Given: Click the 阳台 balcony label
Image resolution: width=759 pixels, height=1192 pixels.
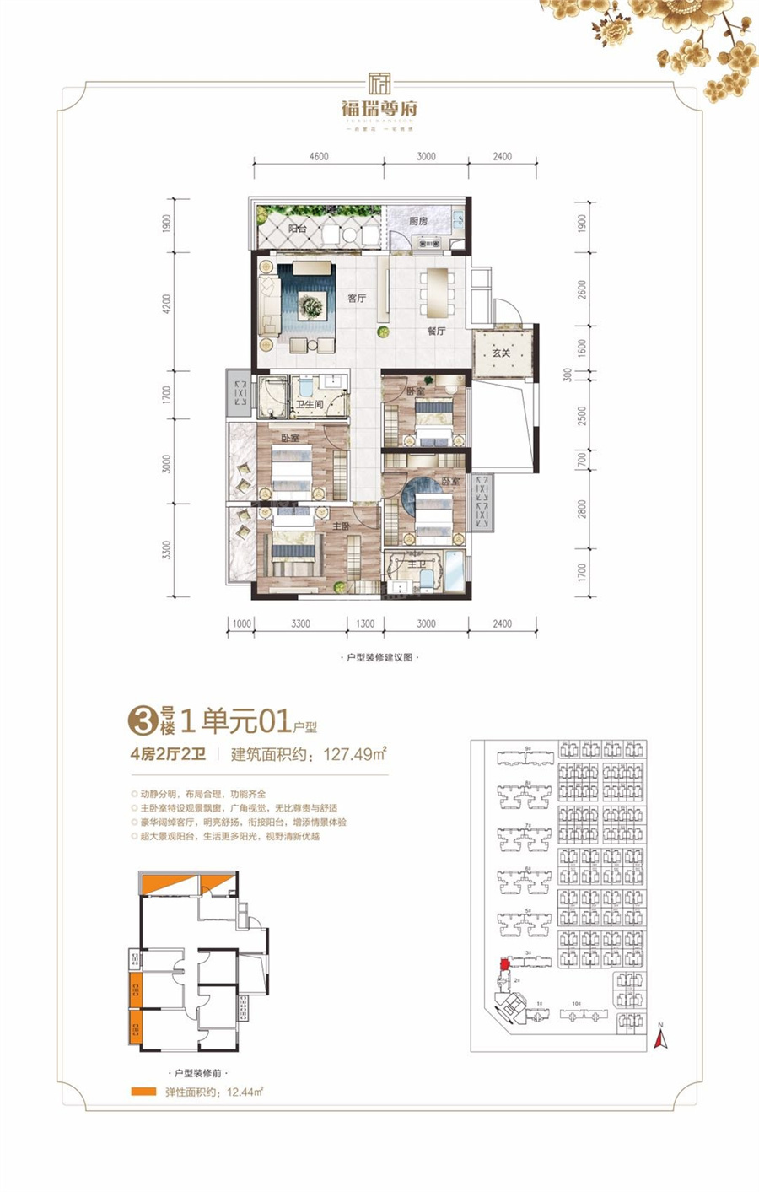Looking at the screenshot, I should [x=297, y=229].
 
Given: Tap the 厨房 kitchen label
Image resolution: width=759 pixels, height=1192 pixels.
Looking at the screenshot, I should [x=418, y=221].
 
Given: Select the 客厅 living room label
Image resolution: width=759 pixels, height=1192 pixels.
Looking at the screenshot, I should [x=357, y=298].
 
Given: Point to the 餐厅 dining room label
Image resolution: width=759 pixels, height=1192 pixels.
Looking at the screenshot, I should [x=435, y=331].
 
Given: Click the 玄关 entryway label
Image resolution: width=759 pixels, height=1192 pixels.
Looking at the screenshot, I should [x=502, y=353].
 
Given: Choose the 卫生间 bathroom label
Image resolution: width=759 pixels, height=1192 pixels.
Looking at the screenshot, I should [x=309, y=405].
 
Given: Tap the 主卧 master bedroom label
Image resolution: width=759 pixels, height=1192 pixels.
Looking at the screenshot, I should [x=341, y=526].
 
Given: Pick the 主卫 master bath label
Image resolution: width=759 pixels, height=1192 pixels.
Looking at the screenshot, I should [x=416, y=564].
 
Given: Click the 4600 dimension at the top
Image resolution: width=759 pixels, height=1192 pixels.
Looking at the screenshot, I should [x=319, y=156].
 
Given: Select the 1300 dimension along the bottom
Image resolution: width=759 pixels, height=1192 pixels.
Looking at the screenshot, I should [x=365, y=623].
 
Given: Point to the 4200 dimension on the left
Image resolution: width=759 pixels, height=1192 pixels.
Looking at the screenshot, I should [x=167, y=304].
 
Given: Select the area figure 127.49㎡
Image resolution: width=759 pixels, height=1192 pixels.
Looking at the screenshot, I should [x=355, y=754].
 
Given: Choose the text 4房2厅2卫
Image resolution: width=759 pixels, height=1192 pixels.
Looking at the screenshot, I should [x=169, y=754].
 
